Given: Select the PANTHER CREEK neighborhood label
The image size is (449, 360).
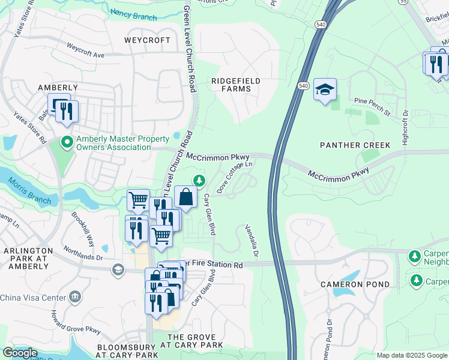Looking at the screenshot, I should tap(355, 145).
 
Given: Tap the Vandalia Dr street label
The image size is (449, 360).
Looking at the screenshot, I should tap(251, 242).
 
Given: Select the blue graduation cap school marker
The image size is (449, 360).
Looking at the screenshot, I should tap(325, 89).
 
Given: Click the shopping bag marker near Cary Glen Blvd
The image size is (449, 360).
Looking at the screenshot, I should tap(186, 196).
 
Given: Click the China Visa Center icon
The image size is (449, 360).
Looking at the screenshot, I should tap(76, 297).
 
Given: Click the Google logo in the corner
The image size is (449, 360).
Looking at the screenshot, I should tap(20, 353).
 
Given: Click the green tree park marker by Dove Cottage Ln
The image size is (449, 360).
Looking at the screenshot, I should tap(199, 180).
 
